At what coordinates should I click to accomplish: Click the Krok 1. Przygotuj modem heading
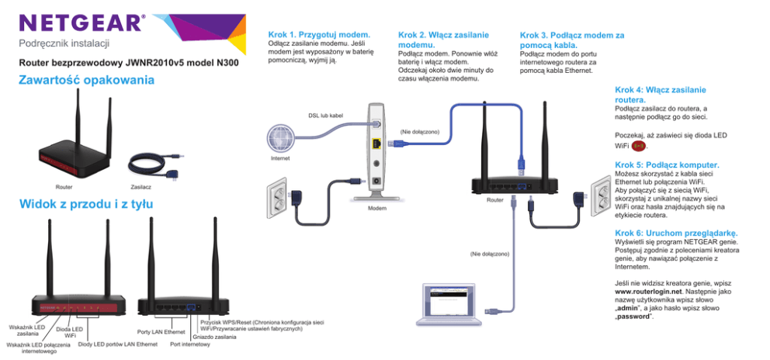318,35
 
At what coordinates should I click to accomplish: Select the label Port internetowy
189,344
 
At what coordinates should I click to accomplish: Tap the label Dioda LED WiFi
69,332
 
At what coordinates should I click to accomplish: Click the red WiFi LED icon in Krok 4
639,145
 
